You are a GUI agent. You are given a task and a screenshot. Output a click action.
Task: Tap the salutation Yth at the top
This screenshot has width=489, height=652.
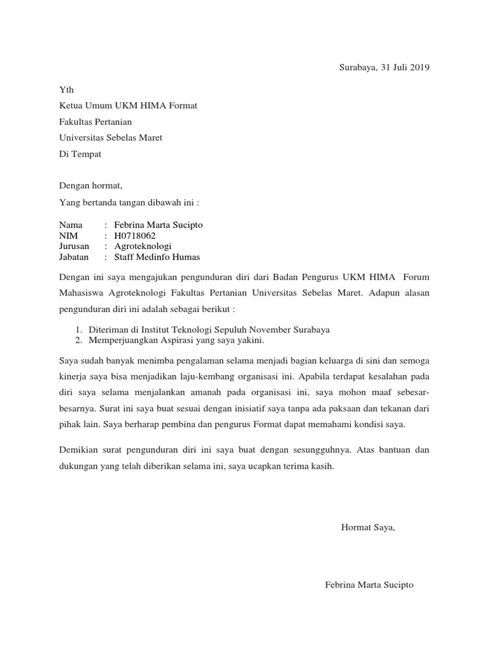[x=66, y=90]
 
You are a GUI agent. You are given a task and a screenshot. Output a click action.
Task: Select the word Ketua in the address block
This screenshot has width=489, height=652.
[x=71, y=106]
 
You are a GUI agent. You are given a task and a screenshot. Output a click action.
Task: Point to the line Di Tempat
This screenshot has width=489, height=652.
[x=80, y=153]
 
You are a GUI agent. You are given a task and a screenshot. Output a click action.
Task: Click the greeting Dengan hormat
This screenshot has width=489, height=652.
[x=90, y=187]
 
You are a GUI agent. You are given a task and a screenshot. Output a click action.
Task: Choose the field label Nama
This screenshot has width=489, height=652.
[x=71, y=225]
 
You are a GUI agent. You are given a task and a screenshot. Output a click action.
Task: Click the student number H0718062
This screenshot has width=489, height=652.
[x=135, y=236]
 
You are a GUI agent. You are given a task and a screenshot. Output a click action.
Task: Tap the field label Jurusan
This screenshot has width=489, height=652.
[x=74, y=246]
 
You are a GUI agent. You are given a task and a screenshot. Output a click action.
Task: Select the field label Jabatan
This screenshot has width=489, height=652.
[x=74, y=257]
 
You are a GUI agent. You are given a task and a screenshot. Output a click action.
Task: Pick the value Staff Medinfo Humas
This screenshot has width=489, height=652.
[x=157, y=257]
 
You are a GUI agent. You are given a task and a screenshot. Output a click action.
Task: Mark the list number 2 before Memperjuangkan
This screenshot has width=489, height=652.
[x=78, y=340]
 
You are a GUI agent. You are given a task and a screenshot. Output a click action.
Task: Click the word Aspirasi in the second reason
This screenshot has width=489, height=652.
[x=167, y=340]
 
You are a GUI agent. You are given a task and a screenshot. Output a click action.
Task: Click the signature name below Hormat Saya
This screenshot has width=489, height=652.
[x=369, y=585]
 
